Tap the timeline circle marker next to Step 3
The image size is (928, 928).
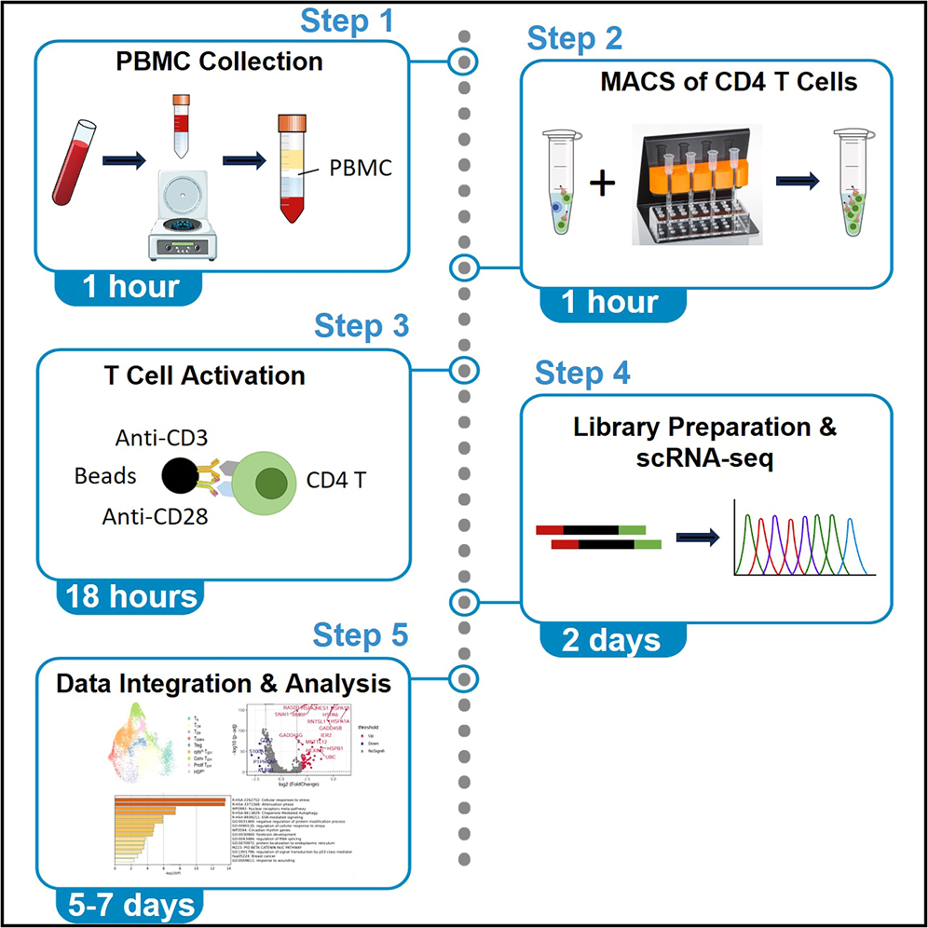coord(463,370)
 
